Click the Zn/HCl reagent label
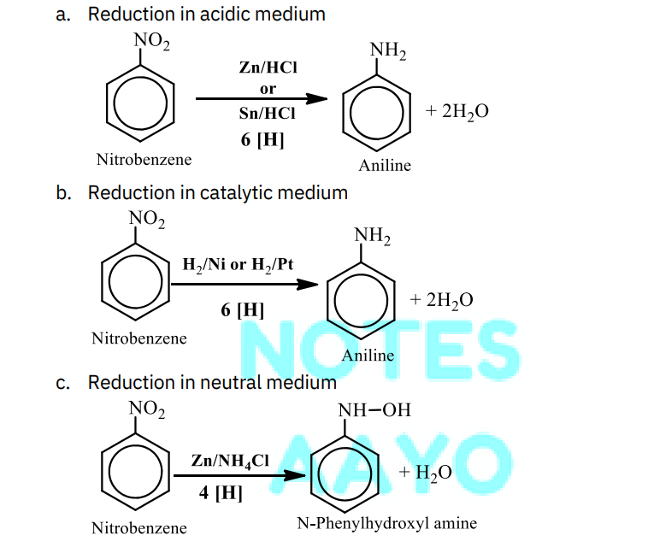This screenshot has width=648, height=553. pos(268,68)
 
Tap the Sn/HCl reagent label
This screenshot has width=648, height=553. pos(268,113)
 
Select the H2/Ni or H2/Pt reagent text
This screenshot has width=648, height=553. pos(238,265)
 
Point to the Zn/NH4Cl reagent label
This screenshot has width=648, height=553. pos(230,462)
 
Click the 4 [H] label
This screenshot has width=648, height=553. pos(221,492)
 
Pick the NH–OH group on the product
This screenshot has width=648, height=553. pos(374,410)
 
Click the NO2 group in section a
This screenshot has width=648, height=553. pos(151,41)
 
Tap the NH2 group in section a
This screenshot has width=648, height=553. pos(387,50)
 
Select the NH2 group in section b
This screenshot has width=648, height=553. pos(372,236)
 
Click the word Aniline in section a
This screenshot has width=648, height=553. pos(385,165)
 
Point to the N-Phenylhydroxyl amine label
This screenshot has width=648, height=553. pos(386,523)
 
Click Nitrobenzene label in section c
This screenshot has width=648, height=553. pos(138,528)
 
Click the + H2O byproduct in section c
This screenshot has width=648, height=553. pos(425,473)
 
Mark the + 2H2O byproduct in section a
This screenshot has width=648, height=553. pos(457,111)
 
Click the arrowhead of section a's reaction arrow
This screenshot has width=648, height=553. pos(316,99)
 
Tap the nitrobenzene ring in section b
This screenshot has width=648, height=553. pos(135,282)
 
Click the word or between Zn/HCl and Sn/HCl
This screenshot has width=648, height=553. pos(268,89)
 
